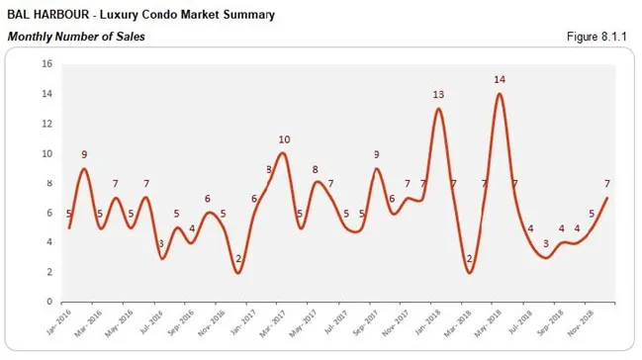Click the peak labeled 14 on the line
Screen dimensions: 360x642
pos(500,94)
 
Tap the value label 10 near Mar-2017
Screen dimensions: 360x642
pos(284,139)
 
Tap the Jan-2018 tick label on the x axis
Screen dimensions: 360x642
pos(426,318)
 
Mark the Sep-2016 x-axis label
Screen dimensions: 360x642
pos(180,318)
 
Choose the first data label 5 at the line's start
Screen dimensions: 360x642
pos(68,214)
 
